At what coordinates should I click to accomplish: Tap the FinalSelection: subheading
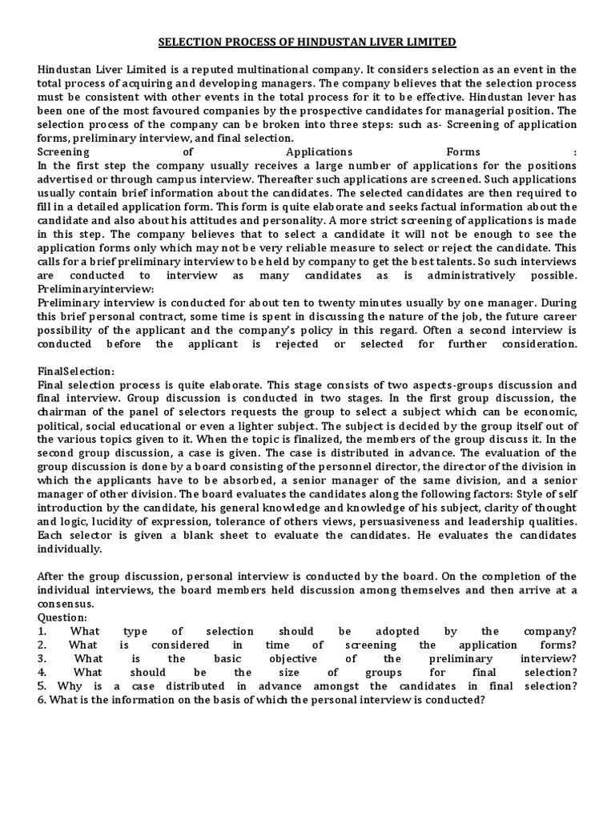(x=76, y=371)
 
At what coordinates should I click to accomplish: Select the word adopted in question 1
(x=408, y=631)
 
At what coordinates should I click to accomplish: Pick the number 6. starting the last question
(x=42, y=699)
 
